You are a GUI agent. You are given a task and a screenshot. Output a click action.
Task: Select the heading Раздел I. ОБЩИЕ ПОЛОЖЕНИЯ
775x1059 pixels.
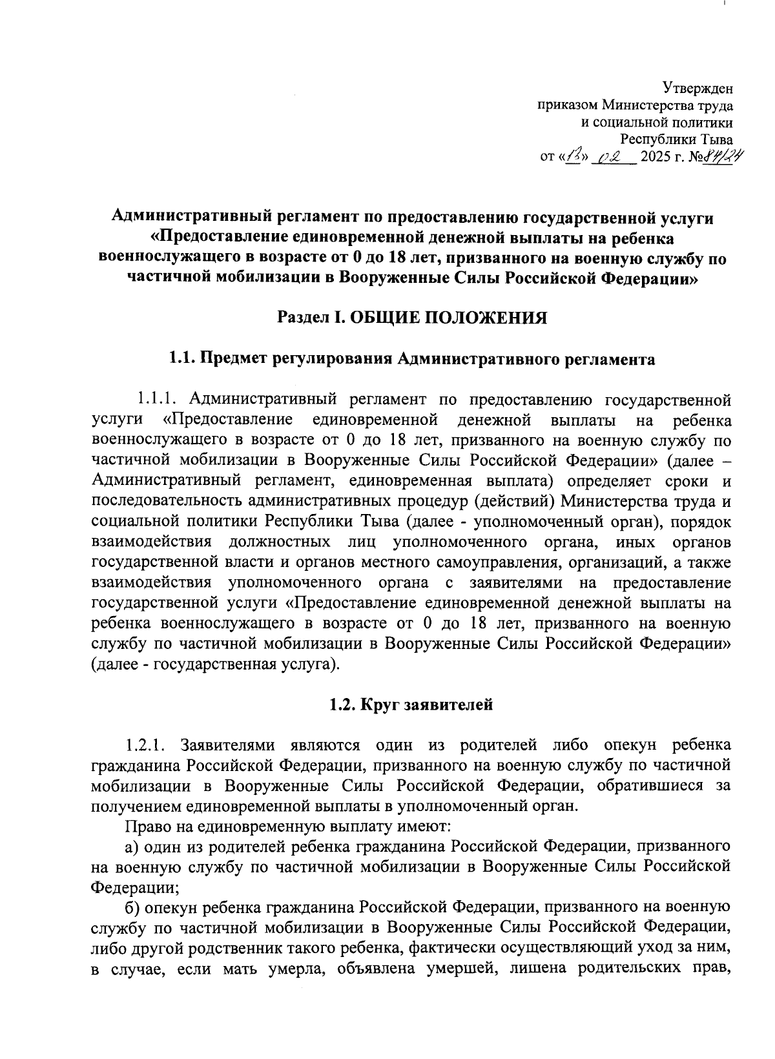point(412,318)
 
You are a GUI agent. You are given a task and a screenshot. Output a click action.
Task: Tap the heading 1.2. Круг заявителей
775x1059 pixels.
point(411,704)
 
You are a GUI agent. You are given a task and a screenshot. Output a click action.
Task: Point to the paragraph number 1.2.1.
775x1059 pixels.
point(148,745)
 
